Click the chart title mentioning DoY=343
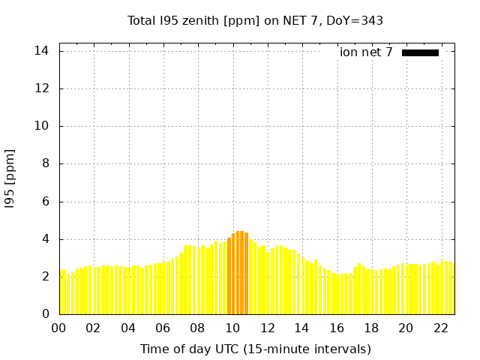coord(255,20)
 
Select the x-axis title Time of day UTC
coord(255,349)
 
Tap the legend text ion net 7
coord(366,52)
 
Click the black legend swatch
coord(420,52)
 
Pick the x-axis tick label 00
coord(58,328)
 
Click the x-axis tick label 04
coord(128,328)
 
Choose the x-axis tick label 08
coord(197,328)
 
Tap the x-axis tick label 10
coord(232,328)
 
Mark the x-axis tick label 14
coord(301,328)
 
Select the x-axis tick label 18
coord(371,328)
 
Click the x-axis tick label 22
coord(440,328)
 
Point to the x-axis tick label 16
coord(337,328)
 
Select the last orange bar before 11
coord(246,273)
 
